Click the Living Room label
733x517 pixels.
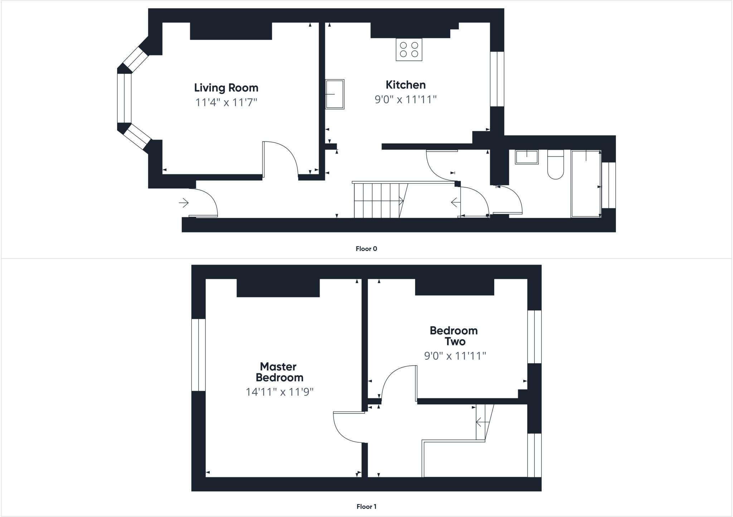226,88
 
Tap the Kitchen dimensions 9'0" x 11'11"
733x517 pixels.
406,99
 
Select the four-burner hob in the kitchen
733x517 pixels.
409,50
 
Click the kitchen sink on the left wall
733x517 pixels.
335,94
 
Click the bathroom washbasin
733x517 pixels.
526,157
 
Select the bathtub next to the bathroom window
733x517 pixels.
586,184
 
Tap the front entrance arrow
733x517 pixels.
184,203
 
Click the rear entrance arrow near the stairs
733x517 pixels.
455,203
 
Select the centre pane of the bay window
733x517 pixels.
125,98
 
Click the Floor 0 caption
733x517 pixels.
366,249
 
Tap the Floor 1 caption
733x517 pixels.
366,506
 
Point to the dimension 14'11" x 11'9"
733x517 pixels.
279,392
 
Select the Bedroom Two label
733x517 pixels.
454,336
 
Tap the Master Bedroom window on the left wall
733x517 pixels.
199,355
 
